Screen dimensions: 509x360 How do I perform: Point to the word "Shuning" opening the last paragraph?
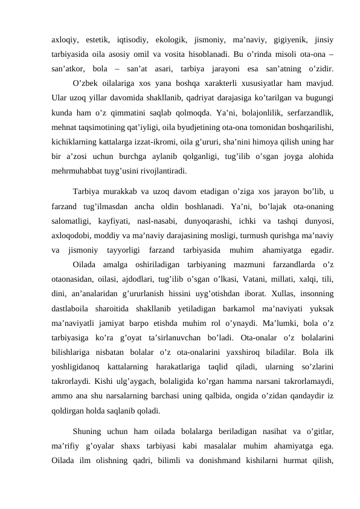89,432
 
